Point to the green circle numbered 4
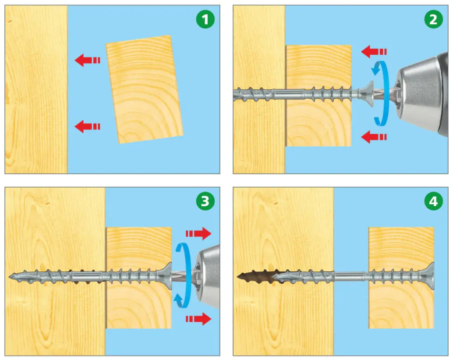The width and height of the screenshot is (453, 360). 433,201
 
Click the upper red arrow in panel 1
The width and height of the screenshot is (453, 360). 87,60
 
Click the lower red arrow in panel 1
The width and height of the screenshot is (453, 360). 87,127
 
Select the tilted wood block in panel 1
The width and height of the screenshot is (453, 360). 144,89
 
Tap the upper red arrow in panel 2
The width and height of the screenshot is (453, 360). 374,52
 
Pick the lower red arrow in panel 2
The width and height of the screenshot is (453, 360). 374,137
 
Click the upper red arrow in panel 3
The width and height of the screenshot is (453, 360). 198,234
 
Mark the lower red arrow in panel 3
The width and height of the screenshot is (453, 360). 198,319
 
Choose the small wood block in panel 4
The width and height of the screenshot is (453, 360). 401,277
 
